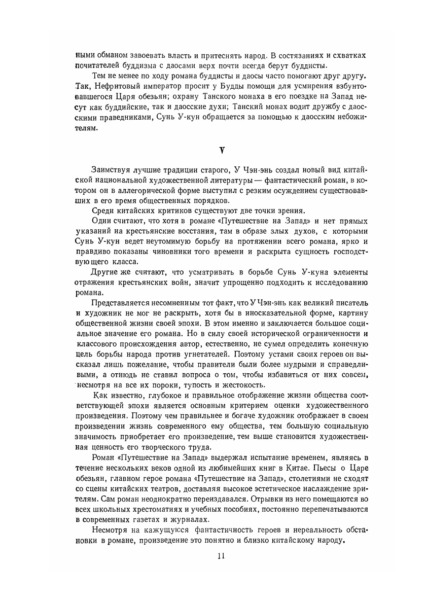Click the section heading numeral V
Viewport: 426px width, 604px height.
(x=221, y=150)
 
